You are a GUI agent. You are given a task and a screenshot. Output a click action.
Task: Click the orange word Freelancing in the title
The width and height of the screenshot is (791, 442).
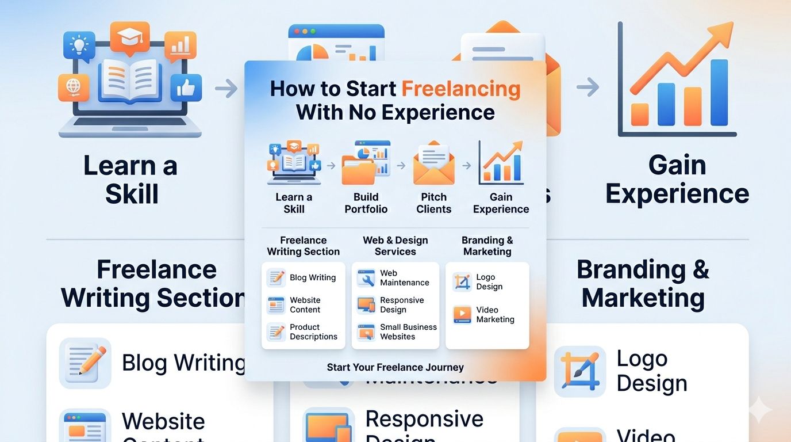coord(460,89)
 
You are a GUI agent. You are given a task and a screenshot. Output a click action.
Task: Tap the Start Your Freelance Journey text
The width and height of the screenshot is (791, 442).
coord(395,367)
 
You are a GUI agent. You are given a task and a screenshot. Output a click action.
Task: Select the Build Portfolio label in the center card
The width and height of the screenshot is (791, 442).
coord(366,203)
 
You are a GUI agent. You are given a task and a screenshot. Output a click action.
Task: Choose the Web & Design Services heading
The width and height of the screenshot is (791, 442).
coord(395,246)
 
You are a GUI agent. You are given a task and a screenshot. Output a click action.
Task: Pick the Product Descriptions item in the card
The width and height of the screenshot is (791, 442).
coord(313,331)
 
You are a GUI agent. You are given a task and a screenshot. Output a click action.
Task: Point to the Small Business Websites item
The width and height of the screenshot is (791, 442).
coord(408,331)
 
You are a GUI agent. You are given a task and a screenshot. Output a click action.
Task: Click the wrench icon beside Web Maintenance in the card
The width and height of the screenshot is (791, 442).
coord(366,278)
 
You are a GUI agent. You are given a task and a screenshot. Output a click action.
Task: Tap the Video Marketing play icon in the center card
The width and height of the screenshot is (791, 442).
coord(462,314)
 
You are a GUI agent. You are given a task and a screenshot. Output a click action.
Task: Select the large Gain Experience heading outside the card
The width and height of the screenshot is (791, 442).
coord(677,180)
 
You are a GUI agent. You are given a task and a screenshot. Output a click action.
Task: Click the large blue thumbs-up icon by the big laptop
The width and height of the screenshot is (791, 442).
coord(186,88)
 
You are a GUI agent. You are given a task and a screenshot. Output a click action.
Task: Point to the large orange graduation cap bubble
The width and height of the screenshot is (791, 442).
coord(129,37)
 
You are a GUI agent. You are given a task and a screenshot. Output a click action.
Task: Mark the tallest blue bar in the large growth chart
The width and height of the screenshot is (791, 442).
coord(719,92)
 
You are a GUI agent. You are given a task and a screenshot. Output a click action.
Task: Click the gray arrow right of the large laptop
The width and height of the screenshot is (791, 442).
coord(226,89)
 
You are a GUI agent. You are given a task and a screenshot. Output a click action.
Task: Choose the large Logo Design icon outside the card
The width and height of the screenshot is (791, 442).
coord(579,371)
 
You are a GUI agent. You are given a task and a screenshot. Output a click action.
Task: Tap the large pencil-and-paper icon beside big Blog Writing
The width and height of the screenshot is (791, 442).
coord(85,363)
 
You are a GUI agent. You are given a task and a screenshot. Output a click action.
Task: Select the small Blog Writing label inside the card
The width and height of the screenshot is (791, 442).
coord(313,277)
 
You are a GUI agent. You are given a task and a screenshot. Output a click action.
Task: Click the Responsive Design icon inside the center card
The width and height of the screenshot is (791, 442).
coord(366,305)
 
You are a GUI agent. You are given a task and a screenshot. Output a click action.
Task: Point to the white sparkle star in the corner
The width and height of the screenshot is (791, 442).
coord(761,410)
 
